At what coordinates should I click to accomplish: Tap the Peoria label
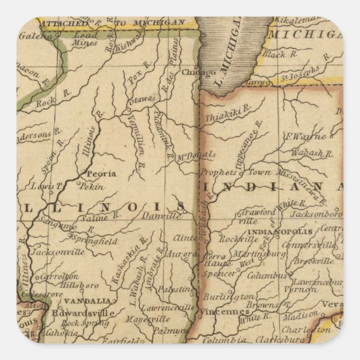(x=101, y=173)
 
